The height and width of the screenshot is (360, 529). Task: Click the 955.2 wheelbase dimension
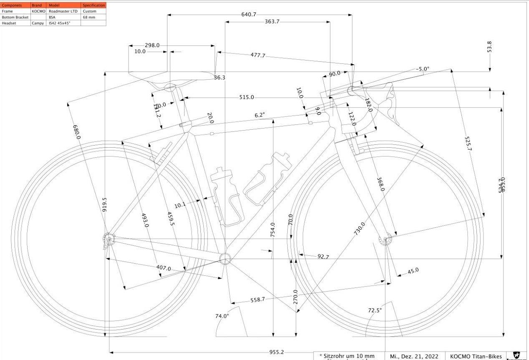coord(276,352)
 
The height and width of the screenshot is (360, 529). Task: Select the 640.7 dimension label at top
coord(249,15)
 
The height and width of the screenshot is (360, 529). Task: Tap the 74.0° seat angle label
coord(222,316)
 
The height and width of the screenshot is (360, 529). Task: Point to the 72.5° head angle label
coord(375,310)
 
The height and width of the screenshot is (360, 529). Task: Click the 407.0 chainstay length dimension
coord(164,268)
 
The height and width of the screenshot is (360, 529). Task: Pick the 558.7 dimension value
coord(258,300)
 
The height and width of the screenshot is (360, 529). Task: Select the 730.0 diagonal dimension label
coord(360,229)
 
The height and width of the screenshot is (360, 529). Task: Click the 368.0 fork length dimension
coord(380,184)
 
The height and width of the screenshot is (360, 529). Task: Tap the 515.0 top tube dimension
coord(246,97)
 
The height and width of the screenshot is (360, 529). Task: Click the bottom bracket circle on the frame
coord(225,259)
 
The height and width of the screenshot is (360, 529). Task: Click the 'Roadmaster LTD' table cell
coord(63,11)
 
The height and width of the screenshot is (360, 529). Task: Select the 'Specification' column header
coord(94,5)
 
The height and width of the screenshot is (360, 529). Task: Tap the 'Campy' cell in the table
coord(38,23)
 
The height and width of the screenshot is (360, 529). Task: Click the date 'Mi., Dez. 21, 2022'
coord(414,356)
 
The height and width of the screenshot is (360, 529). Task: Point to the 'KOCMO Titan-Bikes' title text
coord(476,356)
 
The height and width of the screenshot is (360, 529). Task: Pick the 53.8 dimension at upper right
coord(489,46)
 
